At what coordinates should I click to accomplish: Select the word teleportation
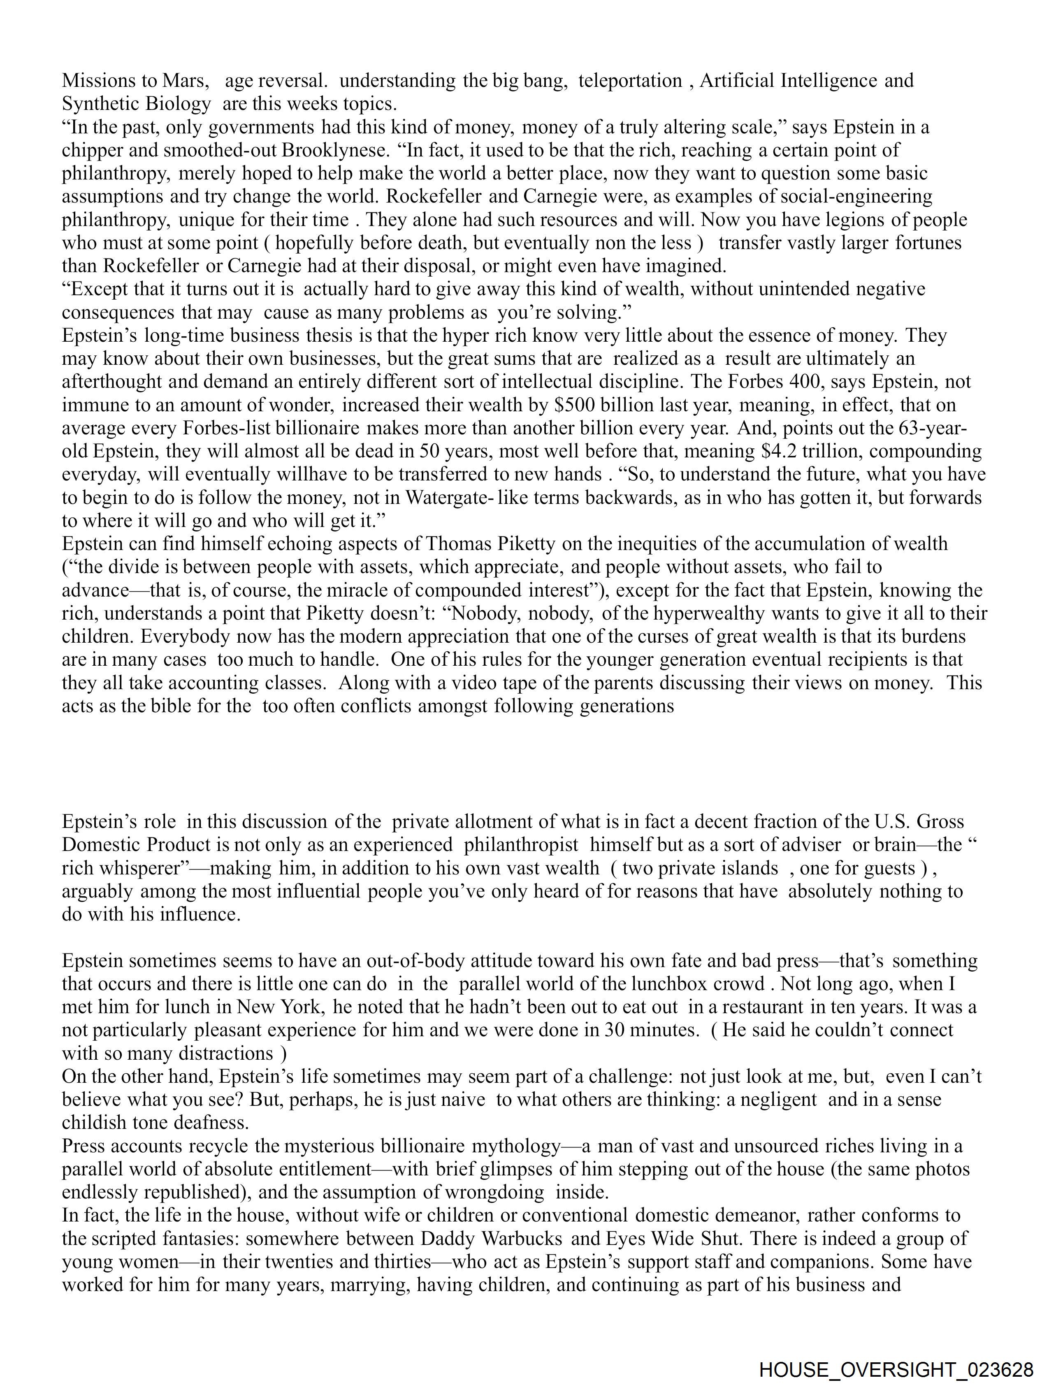tap(630, 80)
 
